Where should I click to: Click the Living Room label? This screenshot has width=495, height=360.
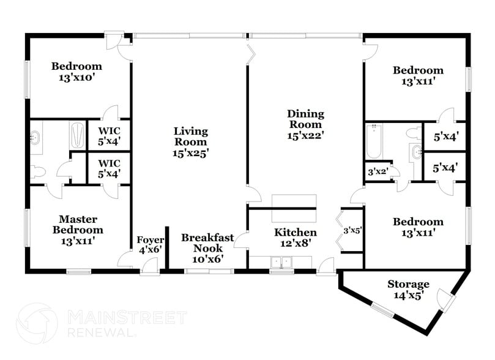point(190,131)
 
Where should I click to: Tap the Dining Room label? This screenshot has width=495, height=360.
point(305,114)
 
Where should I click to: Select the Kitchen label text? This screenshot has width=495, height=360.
point(295,233)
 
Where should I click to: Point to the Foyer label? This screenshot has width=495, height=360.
point(150,239)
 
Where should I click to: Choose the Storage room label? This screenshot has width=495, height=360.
point(408,285)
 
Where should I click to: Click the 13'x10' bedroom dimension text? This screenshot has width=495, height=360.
point(76,77)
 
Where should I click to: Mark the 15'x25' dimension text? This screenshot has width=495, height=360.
point(190,152)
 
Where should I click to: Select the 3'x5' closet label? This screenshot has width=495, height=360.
point(352,231)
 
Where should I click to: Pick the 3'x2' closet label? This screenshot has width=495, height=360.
point(376,172)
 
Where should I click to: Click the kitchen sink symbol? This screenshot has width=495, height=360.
point(282,263)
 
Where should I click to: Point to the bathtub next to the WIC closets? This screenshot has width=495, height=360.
point(77,135)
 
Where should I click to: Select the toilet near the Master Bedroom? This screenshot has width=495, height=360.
point(38,173)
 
